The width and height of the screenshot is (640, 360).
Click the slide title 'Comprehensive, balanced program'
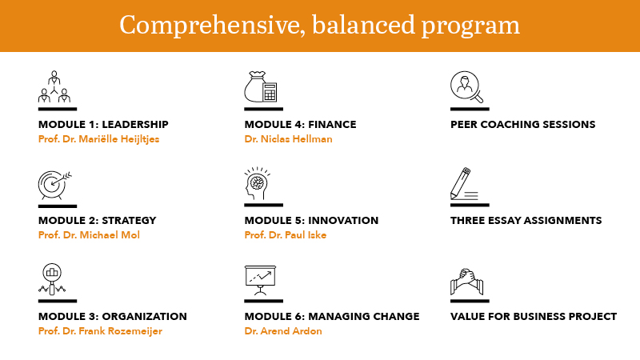coord(319,26)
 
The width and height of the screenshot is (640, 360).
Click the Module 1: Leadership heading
coord(103,125)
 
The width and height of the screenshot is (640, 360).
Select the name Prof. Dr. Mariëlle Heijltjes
coord(98,139)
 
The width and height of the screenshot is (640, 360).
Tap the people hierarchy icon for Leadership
coord(55,87)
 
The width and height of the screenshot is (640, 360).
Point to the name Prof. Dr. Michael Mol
coord(89,235)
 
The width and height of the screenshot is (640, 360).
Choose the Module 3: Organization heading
coord(113,317)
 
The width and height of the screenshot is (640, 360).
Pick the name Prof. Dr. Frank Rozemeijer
coord(100,331)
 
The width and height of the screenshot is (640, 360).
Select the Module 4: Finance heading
coord(300,125)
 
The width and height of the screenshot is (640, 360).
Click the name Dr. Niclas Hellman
coord(288,139)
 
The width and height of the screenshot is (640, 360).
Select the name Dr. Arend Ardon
coord(283,331)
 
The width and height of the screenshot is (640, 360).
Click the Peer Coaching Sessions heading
coord(522,125)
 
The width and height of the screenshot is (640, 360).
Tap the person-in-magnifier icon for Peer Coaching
coord(468,87)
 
